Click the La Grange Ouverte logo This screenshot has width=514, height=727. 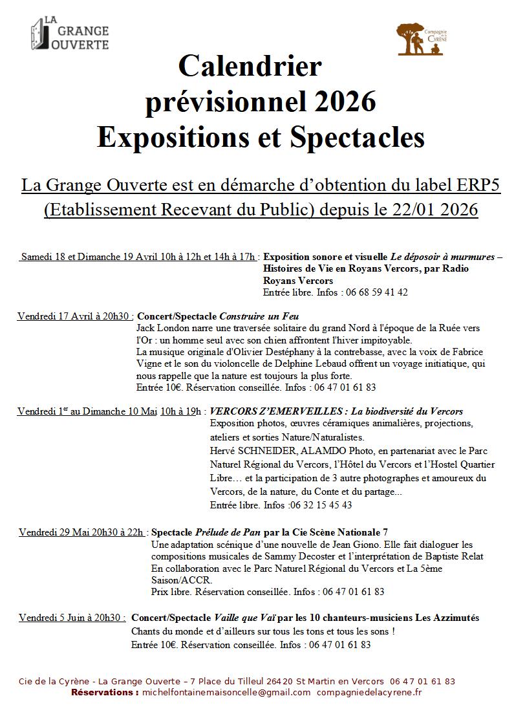coord(70,34)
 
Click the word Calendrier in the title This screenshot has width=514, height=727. coord(250,67)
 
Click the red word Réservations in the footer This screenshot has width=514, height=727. coord(104,692)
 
